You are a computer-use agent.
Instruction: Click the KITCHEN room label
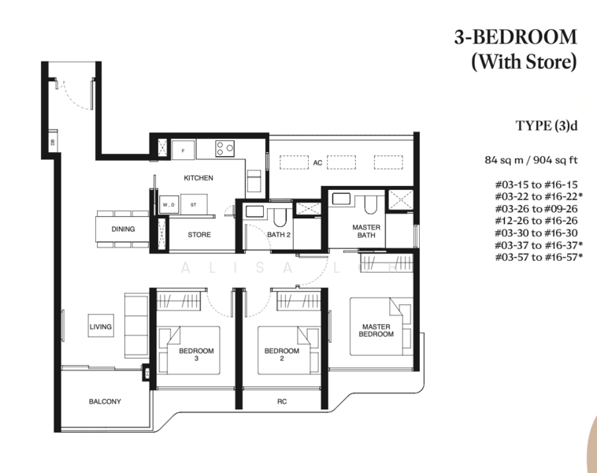[198, 178]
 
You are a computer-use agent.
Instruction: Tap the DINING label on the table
[123, 229]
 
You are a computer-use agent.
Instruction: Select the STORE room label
[198, 234]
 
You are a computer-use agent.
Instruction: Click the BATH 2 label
[279, 234]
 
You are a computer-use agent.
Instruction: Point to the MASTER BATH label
[366, 231]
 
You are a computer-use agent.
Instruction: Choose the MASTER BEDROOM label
[377, 330]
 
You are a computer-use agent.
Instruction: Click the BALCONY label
[105, 401]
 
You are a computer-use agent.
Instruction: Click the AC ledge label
[318, 163]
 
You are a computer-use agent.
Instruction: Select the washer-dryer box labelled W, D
[168, 205]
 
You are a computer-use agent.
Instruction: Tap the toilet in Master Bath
[369, 205]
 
